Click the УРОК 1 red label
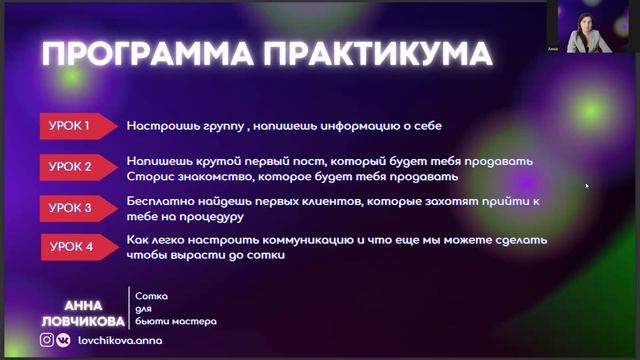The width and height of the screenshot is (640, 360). click(x=71, y=126)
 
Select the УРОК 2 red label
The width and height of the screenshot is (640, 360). click(x=71, y=166)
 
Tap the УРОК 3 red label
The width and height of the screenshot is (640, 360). click(x=71, y=208)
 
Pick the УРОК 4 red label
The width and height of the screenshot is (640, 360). click(x=71, y=246)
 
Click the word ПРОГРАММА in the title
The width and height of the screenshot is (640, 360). click(x=137, y=52)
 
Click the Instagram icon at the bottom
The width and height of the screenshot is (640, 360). click(x=46, y=340)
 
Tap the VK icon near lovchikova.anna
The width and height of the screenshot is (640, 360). click(x=63, y=340)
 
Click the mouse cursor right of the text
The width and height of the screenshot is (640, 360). click(x=587, y=185)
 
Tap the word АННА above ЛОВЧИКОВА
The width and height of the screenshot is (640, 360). click(x=82, y=304)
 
